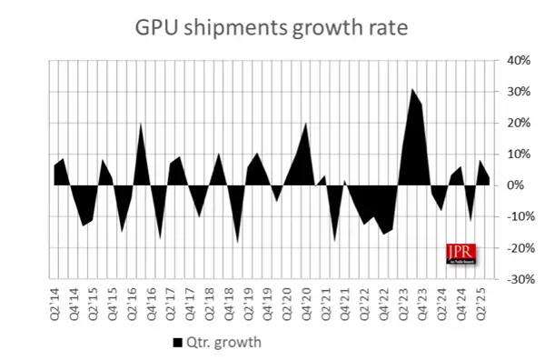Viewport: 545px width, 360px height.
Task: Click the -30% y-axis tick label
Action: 510,279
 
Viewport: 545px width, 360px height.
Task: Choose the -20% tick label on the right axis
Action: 510,248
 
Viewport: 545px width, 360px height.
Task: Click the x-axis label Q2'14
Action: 55,299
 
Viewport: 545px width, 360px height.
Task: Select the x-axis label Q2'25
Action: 487,299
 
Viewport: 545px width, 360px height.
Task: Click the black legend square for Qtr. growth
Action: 177,342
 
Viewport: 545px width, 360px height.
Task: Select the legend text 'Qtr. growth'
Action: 219,342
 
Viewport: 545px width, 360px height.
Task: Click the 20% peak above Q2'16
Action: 142,124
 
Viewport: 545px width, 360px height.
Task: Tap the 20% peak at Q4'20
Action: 304,124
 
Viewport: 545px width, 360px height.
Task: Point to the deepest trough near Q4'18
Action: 237,243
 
